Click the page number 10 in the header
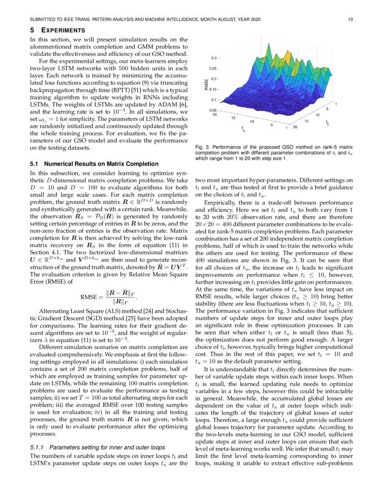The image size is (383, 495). coord(351,19)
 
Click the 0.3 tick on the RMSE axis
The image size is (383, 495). coord(214,58)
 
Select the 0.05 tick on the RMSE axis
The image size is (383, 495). coord(213,109)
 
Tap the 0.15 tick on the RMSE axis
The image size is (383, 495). coord(213,89)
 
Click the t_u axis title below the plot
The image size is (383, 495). coord(243,130)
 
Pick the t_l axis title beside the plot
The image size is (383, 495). coord(327,123)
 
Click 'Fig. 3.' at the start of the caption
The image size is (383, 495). coord(202,147)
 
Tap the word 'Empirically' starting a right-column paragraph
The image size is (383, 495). coord(219,203)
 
